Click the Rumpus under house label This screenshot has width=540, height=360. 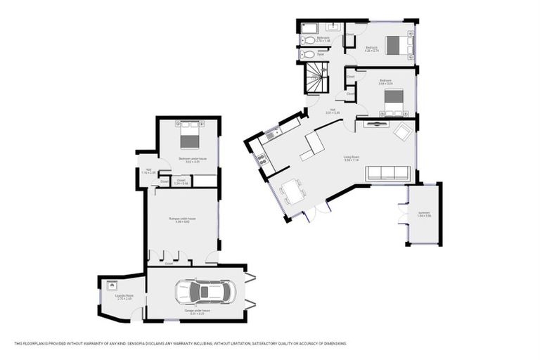(182, 219)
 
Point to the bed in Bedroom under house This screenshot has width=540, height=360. (190, 136)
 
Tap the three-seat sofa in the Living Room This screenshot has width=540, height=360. (387, 173)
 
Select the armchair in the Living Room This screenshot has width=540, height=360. (403, 131)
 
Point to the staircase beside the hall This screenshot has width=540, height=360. (316, 77)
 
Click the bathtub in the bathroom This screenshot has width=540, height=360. (310, 29)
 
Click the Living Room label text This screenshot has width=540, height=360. (352, 157)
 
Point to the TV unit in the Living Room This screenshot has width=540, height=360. (377, 124)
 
